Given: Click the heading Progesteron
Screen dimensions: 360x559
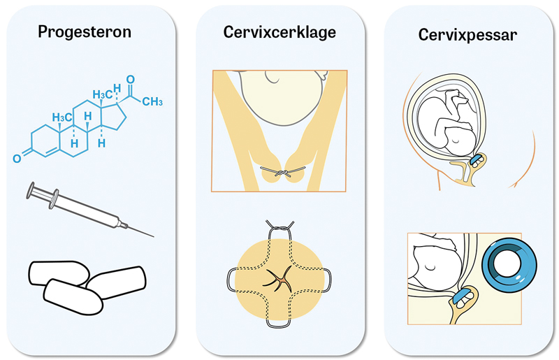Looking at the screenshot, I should [86, 32].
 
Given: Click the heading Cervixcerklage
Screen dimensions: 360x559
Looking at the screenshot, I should [279, 32].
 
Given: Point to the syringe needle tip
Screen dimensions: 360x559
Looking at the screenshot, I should [153, 236].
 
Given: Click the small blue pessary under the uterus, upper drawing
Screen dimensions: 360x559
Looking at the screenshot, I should [476, 160].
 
